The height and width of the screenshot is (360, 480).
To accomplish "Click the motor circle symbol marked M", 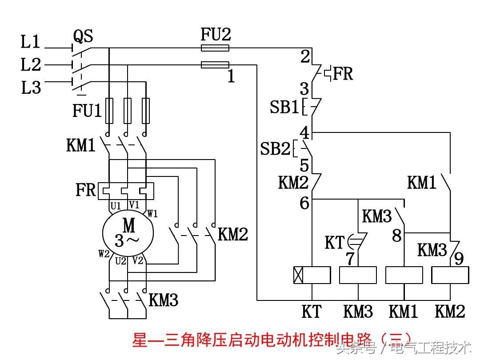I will coord(128,231).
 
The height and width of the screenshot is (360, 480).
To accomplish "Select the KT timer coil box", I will coord(312,275).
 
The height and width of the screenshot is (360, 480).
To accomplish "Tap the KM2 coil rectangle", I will coord(450,275).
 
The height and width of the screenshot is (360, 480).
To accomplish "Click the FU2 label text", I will coord(216,35).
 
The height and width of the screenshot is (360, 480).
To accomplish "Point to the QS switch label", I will coord(83,37).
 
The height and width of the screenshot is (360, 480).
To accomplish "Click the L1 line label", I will coord(31,43).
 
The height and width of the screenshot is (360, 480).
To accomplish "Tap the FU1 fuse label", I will coord(87,111).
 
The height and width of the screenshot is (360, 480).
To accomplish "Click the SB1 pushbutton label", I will coord(284,107).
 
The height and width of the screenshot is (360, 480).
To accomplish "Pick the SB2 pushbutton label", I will coord(275,149).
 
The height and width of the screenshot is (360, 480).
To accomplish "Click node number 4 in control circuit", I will coord(304,132).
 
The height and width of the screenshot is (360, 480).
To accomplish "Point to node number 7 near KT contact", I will coord(351,259).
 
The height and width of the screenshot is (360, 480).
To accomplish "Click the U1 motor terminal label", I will coord(116,206).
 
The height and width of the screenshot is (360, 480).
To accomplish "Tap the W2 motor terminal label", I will coord(104,254).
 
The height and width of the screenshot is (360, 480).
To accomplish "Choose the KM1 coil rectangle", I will coord(404,275).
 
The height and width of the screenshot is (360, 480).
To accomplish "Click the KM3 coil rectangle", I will coord(358,275).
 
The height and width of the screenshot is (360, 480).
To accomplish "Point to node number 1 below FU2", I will coord(231,76).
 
